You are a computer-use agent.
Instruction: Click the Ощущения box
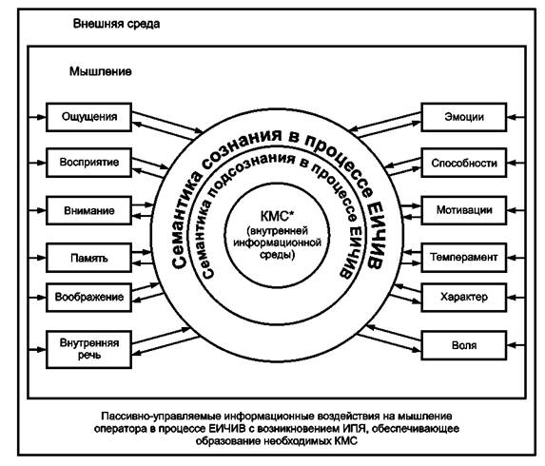pos(88,117)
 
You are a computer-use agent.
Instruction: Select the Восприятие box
pos(88,163)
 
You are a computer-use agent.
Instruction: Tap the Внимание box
pos(88,210)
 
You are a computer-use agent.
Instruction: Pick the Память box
pos(88,258)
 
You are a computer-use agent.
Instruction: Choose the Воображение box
pos(88,297)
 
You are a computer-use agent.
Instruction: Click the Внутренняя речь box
pos(88,349)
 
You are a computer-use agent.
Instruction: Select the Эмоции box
pos(463,117)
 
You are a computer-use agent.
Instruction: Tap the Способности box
pos(463,163)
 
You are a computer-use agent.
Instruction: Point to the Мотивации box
pos(463,210)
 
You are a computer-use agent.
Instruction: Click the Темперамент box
pos(463,258)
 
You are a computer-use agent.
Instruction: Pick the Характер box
pos(463,297)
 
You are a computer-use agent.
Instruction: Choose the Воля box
pos(463,345)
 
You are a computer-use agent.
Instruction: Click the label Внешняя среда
pos(116,24)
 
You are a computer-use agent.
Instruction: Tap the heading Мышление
pos(101,71)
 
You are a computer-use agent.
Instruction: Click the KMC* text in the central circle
pos(277,216)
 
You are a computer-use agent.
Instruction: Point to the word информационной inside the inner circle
pos(277,243)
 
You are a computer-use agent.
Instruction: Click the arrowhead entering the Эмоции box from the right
pos(512,117)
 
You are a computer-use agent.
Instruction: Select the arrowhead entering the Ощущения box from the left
pos(41,117)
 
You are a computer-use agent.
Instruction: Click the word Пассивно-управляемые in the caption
pos(161,417)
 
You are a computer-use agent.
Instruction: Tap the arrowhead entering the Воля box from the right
pos(512,345)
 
